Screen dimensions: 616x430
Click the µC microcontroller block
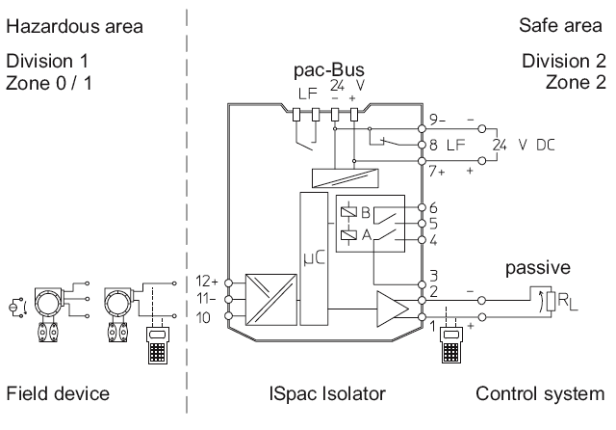pos(314,258)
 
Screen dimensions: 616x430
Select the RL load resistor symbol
pos(552,302)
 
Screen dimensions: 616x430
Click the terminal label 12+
pos(207,282)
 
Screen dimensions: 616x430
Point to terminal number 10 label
pos(203,317)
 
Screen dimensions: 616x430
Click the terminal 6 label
pos(433,207)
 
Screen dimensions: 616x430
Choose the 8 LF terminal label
pos(447,145)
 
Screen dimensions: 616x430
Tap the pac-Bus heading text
pos(329,69)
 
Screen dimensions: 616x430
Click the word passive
pos(537,267)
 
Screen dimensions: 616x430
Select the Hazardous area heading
pos(75,26)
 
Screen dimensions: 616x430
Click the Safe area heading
pos(560,26)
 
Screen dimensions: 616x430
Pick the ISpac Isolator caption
pos(327,393)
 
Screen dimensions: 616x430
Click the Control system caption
pos(540,393)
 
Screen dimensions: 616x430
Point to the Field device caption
pos(58,393)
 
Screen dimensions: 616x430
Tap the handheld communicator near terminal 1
pos(450,345)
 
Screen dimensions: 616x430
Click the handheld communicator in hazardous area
pos(158,345)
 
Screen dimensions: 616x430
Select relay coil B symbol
pos(348,212)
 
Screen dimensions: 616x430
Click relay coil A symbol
pos(348,235)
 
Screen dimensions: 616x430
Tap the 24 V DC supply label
pos(524,146)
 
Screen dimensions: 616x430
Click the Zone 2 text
pos(576,82)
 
